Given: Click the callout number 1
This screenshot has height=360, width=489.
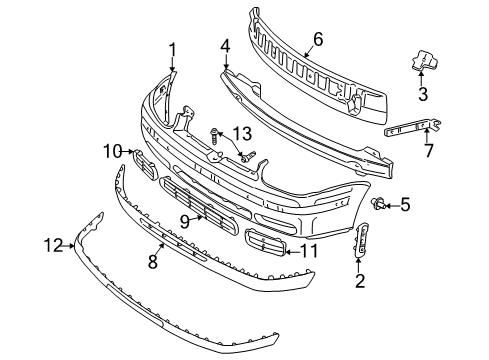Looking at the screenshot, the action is (x=172, y=50).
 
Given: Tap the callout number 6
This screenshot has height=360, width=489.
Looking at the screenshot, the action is (x=318, y=39).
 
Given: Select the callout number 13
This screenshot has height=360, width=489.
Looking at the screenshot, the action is (x=242, y=134).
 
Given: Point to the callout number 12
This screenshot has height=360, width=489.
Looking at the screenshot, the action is (x=53, y=246).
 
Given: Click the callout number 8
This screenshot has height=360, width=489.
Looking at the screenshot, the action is (x=152, y=261).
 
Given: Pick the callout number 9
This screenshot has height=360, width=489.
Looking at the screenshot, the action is (x=185, y=222).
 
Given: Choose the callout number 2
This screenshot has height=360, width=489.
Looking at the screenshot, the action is (x=360, y=280).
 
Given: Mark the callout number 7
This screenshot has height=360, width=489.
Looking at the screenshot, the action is (x=429, y=150).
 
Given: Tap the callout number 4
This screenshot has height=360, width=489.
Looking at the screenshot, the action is (x=225, y=46).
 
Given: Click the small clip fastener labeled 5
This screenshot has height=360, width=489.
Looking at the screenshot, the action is (x=379, y=203).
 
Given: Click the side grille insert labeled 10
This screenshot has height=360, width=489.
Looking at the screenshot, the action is (x=145, y=164).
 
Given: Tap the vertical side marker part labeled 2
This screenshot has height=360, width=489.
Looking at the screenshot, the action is (x=361, y=239).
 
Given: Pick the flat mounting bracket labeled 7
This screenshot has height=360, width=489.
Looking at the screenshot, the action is (x=413, y=127).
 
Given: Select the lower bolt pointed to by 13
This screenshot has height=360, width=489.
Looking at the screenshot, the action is (x=248, y=157).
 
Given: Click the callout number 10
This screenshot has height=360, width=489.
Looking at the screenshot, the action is (x=113, y=151).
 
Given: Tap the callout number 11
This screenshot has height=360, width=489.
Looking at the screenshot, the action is (x=309, y=251).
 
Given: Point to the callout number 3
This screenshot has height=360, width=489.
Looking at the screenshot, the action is (x=423, y=94).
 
